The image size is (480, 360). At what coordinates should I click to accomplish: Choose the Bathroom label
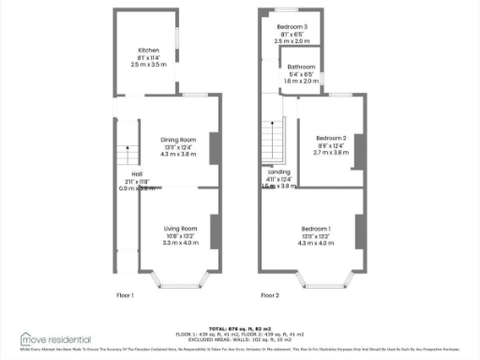(x=302, y=67)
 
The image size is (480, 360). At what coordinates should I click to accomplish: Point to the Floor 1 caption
(x=126, y=295)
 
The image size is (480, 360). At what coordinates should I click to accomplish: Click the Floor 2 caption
(x=270, y=295)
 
